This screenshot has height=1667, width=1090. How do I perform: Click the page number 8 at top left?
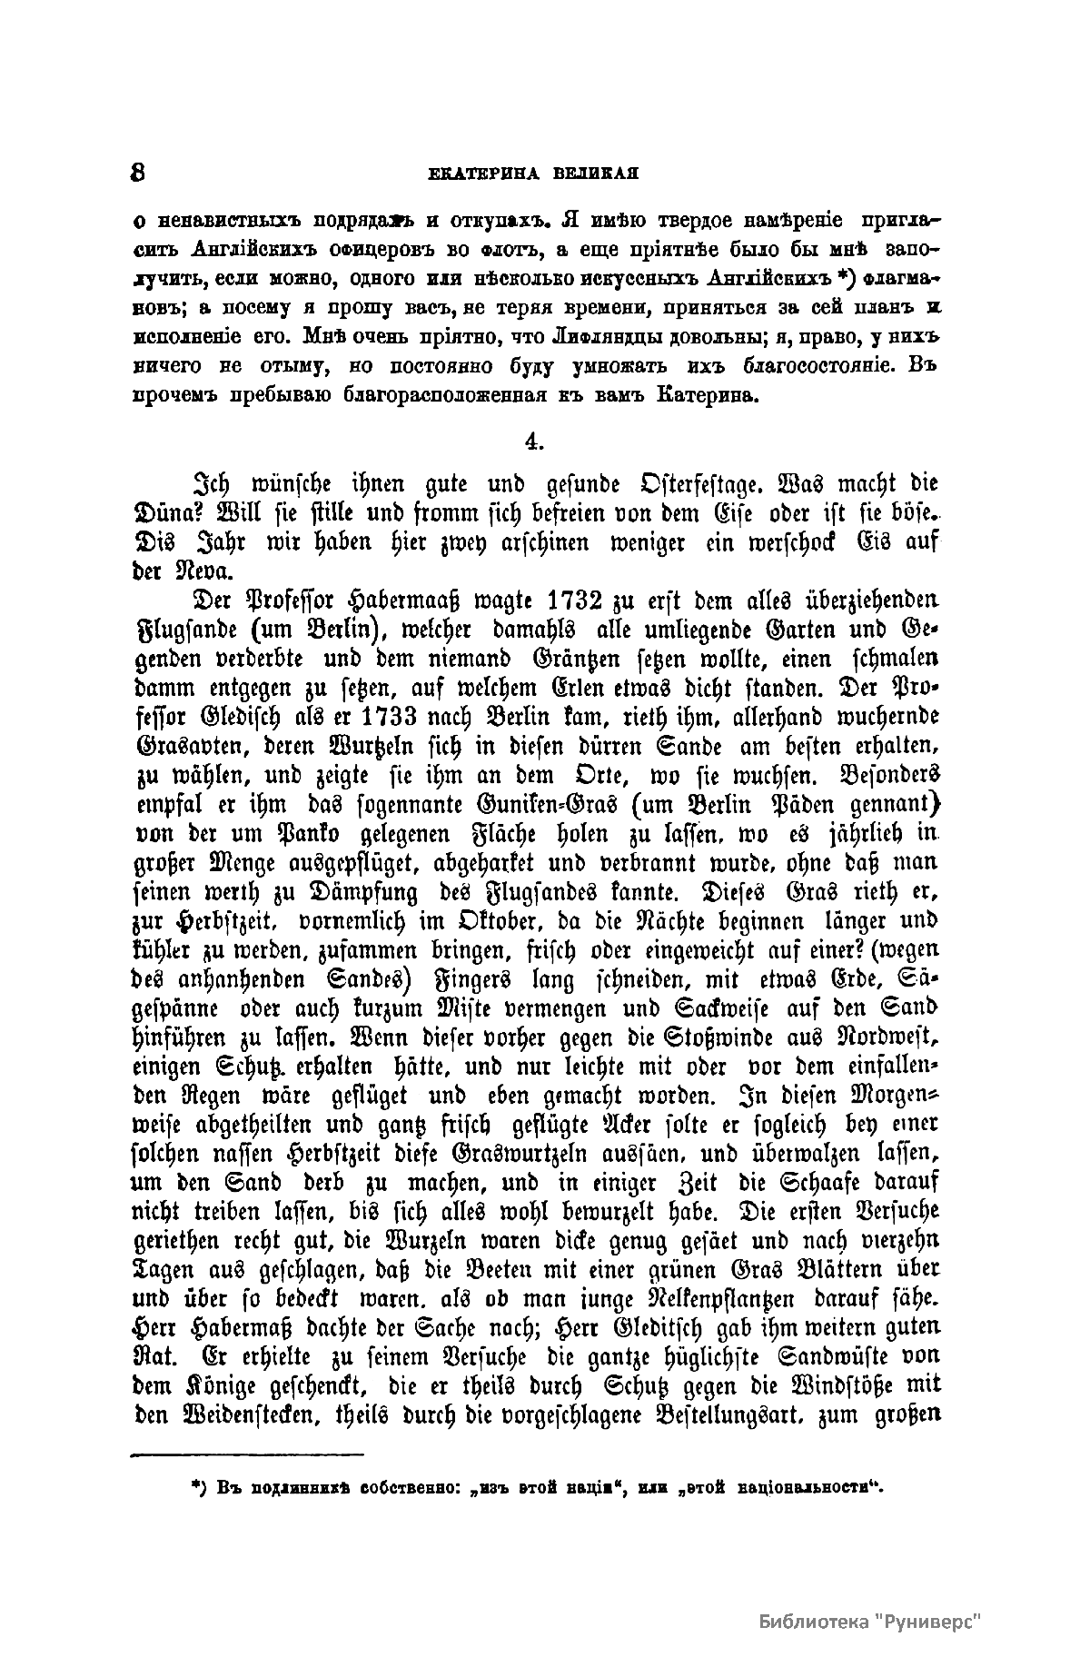[x=140, y=173]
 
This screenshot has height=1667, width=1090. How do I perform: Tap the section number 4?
[x=534, y=441]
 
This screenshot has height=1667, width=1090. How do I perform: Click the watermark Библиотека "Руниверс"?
[x=870, y=1622]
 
